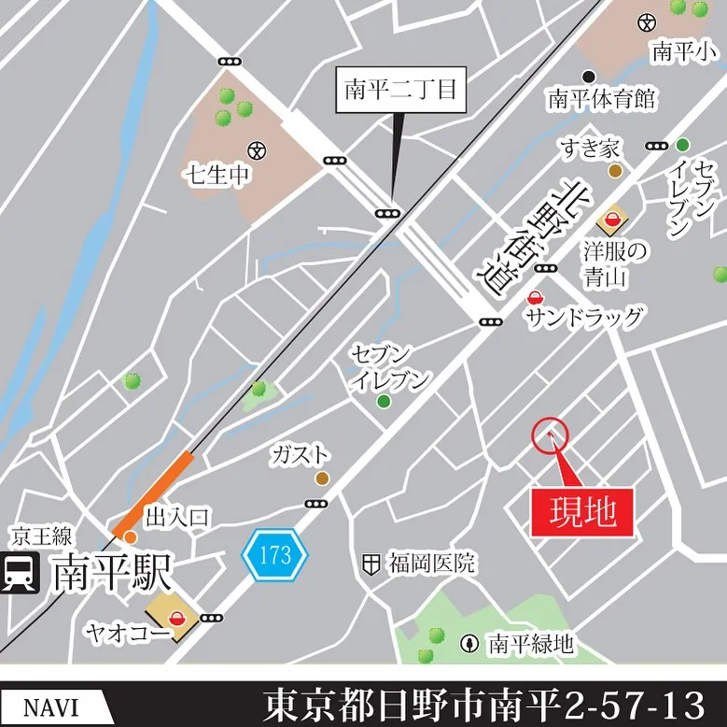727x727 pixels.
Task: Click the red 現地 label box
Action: (582, 513)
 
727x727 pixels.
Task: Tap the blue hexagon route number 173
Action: (274, 555)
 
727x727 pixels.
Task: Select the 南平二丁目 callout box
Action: (400, 91)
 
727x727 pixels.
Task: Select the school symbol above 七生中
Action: (257, 149)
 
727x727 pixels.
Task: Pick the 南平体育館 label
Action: (602, 97)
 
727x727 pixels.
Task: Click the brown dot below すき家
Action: (615, 170)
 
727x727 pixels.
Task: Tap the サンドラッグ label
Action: (584, 319)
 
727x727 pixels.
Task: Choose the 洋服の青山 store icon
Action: (612, 221)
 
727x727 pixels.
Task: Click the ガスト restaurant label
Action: (301, 455)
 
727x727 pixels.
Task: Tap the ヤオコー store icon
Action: (177, 616)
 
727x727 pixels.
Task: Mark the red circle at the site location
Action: (550, 435)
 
